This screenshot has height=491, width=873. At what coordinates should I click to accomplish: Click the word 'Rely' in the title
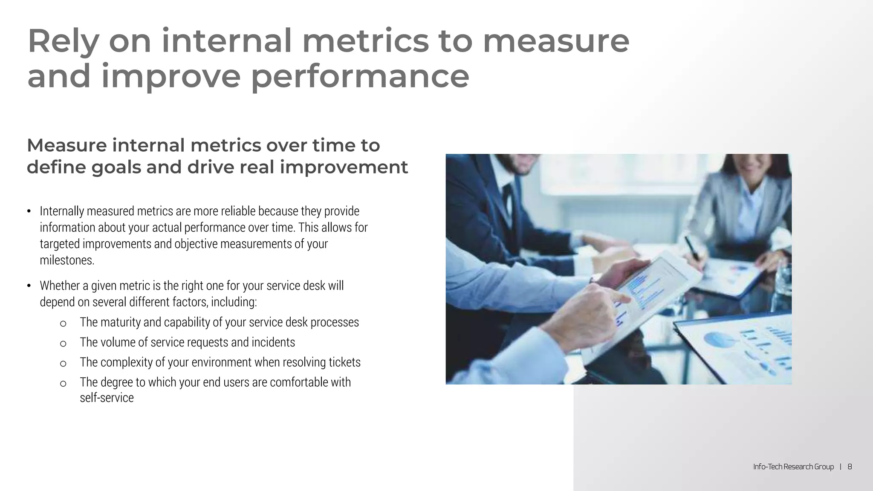63,42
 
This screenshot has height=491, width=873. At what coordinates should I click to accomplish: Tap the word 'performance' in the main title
359,77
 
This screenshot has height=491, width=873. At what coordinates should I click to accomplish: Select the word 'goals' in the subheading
116,167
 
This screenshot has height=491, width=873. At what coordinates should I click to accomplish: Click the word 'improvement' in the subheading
344,167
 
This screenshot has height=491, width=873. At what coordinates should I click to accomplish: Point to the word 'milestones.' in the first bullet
67,260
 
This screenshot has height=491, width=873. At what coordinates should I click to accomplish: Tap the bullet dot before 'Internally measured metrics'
29,212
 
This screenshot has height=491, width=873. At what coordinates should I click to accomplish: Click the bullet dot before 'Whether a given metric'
29,286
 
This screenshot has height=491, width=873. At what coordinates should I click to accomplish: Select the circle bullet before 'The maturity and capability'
63,323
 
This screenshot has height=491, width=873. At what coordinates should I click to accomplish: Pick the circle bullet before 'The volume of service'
63,344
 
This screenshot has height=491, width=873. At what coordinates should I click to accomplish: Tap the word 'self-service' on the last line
107,398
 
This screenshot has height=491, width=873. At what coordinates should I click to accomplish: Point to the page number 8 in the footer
850,467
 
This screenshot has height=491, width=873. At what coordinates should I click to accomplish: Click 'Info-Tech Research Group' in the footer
793,467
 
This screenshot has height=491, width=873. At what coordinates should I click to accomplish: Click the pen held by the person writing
693,249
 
